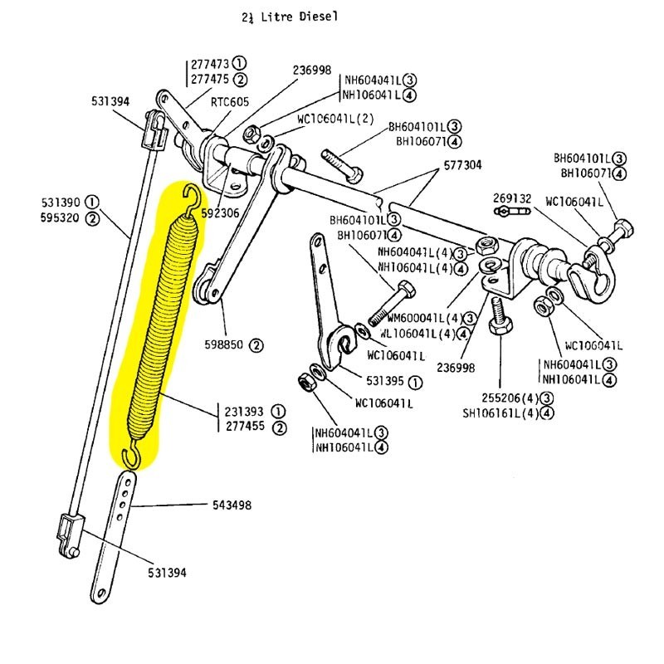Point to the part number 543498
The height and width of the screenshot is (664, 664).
pyautogui.click(x=232, y=505)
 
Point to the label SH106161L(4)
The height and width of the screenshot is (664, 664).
pyautogui.click(x=500, y=414)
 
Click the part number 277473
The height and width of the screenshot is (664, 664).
pyautogui.click(x=209, y=63)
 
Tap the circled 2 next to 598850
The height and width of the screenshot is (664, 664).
pyautogui.click(x=256, y=344)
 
